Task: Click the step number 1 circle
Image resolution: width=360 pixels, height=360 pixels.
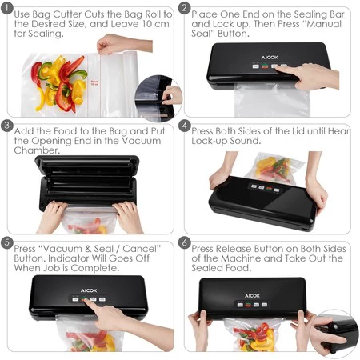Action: (7, 7)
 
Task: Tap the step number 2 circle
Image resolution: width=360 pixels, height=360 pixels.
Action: (184, 7)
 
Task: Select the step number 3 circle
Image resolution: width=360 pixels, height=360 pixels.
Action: (7, 125)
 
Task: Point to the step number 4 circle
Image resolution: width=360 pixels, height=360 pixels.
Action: (184, 125)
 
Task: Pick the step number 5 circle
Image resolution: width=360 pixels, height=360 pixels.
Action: (7, 242)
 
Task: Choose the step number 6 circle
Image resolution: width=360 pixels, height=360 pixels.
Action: (184, 242)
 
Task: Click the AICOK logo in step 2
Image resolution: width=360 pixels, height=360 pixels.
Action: (270, 58)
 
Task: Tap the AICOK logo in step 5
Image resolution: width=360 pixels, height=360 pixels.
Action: (89, 290)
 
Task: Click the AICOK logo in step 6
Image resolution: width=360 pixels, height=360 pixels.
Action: (252, 296)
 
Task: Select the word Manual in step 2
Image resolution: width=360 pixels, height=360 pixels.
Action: (324, 24)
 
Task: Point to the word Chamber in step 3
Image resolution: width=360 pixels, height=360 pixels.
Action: (36, 150)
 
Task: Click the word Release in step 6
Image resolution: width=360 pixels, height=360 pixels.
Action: (234, 249)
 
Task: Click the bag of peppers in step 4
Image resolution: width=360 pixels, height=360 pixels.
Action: (274, 168)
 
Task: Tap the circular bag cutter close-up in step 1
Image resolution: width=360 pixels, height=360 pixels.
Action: (158, 98)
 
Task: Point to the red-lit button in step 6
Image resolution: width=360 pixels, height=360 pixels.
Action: (248, 305)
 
